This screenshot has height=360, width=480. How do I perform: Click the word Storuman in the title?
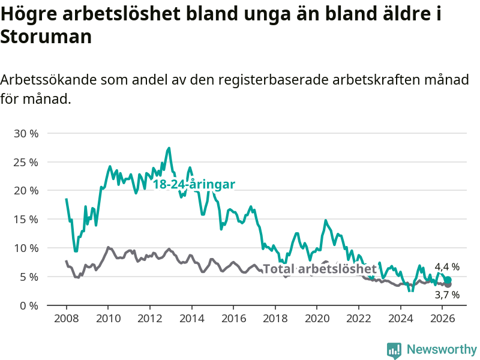[x=46, y=37]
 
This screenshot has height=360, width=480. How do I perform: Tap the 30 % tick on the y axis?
[x=26, y=133]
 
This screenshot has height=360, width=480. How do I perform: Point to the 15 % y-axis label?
[x=26, y=220]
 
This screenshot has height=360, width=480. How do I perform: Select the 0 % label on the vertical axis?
[x=29, y=305]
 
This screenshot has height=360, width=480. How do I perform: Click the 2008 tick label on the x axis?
[x=67, y=319]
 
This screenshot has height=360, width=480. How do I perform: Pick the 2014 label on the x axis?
[x=191, y=319]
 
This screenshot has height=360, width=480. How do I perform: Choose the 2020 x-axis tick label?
[x=317, y=319]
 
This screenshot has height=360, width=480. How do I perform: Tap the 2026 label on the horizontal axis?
[x=442, y=319]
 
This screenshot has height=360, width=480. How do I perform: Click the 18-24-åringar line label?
[x=194, y=184]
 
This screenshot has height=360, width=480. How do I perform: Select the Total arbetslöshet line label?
[x=320, y=269]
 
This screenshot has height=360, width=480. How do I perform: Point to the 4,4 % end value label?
[x=447, y=267]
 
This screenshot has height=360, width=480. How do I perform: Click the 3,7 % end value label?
[x=447, y=295]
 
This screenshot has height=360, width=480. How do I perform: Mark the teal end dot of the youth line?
[x=448, y=280]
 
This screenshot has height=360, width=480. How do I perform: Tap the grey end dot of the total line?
[x=448, y=284]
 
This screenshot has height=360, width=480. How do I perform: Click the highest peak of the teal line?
[x=169, y=148]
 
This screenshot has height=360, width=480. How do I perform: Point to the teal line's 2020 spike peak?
[x=325, y=220]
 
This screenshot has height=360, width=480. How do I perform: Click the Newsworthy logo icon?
[x=394, y=350]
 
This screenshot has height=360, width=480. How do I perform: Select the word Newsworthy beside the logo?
[x=442, y=349]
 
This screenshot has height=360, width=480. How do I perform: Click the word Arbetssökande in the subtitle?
[x=49, y=80]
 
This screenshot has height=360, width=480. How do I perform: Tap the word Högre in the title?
[x=29, y=14]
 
